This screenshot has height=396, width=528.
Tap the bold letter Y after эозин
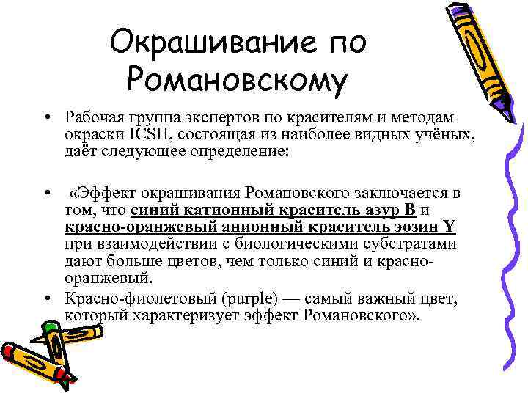450,228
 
